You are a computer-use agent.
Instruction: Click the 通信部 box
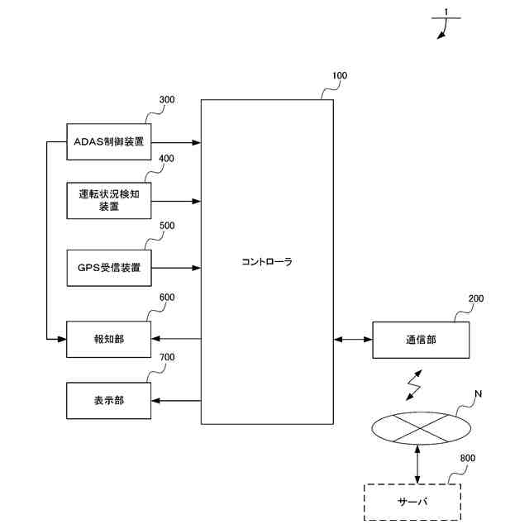(x=421, y=339)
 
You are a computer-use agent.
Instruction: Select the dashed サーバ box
(x=412, y=502)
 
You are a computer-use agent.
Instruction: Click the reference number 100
(x=339, y=76)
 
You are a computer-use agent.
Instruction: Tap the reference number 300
(x=166, y=100)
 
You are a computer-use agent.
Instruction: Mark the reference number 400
(x=166, y=159)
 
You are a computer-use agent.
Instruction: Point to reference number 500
(x=166, y=225)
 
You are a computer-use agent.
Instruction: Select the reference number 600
(x=166, y=298)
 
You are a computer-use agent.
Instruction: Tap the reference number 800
(x=467, y=457)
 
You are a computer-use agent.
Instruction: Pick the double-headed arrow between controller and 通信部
(x=353, y=339)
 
